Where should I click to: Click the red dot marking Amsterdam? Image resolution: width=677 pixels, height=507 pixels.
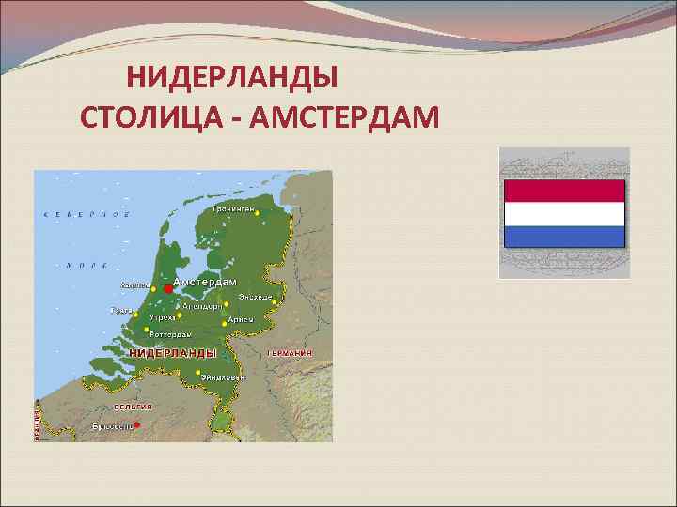pos(167,288)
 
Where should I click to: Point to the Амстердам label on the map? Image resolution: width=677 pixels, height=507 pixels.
pos(204,282)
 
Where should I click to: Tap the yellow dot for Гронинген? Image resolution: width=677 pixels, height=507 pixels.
pos(256,213)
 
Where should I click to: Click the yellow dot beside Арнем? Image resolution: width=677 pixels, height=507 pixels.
pos(225,320)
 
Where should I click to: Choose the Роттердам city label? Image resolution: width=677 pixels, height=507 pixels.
pos(170,334)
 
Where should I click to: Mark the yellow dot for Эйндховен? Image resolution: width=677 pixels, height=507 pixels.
pos(197,372)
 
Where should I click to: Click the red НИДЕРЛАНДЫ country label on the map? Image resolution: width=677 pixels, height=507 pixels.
pos(172,353)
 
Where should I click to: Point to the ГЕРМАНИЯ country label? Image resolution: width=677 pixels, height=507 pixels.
pos(290,353)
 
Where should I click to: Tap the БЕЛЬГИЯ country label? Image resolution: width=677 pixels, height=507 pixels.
pos(133,407)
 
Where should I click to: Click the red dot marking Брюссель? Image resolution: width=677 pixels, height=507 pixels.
pos(136,425)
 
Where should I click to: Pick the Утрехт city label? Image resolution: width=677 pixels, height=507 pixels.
pos(162,318)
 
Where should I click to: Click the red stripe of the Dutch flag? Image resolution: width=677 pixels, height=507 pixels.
pos(564,191)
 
